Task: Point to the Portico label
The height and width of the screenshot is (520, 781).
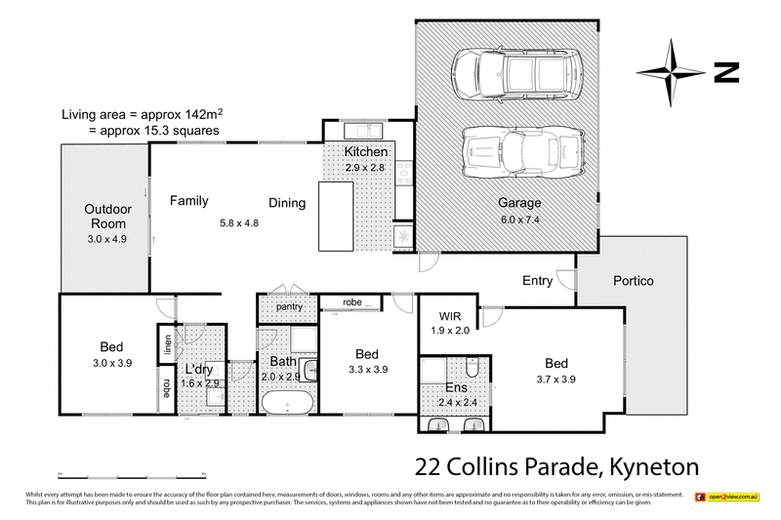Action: (633, 281)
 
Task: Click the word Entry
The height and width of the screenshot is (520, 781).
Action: (537, 281)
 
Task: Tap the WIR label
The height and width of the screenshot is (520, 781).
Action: (450, 315)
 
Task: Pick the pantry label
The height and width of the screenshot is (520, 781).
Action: (288, 307)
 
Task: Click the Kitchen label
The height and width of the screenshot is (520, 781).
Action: (367, 152)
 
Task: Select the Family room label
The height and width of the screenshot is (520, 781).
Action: (189, 201)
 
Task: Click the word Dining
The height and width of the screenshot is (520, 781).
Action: (287, 203)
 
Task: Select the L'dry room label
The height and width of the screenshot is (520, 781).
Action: (199, 369)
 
